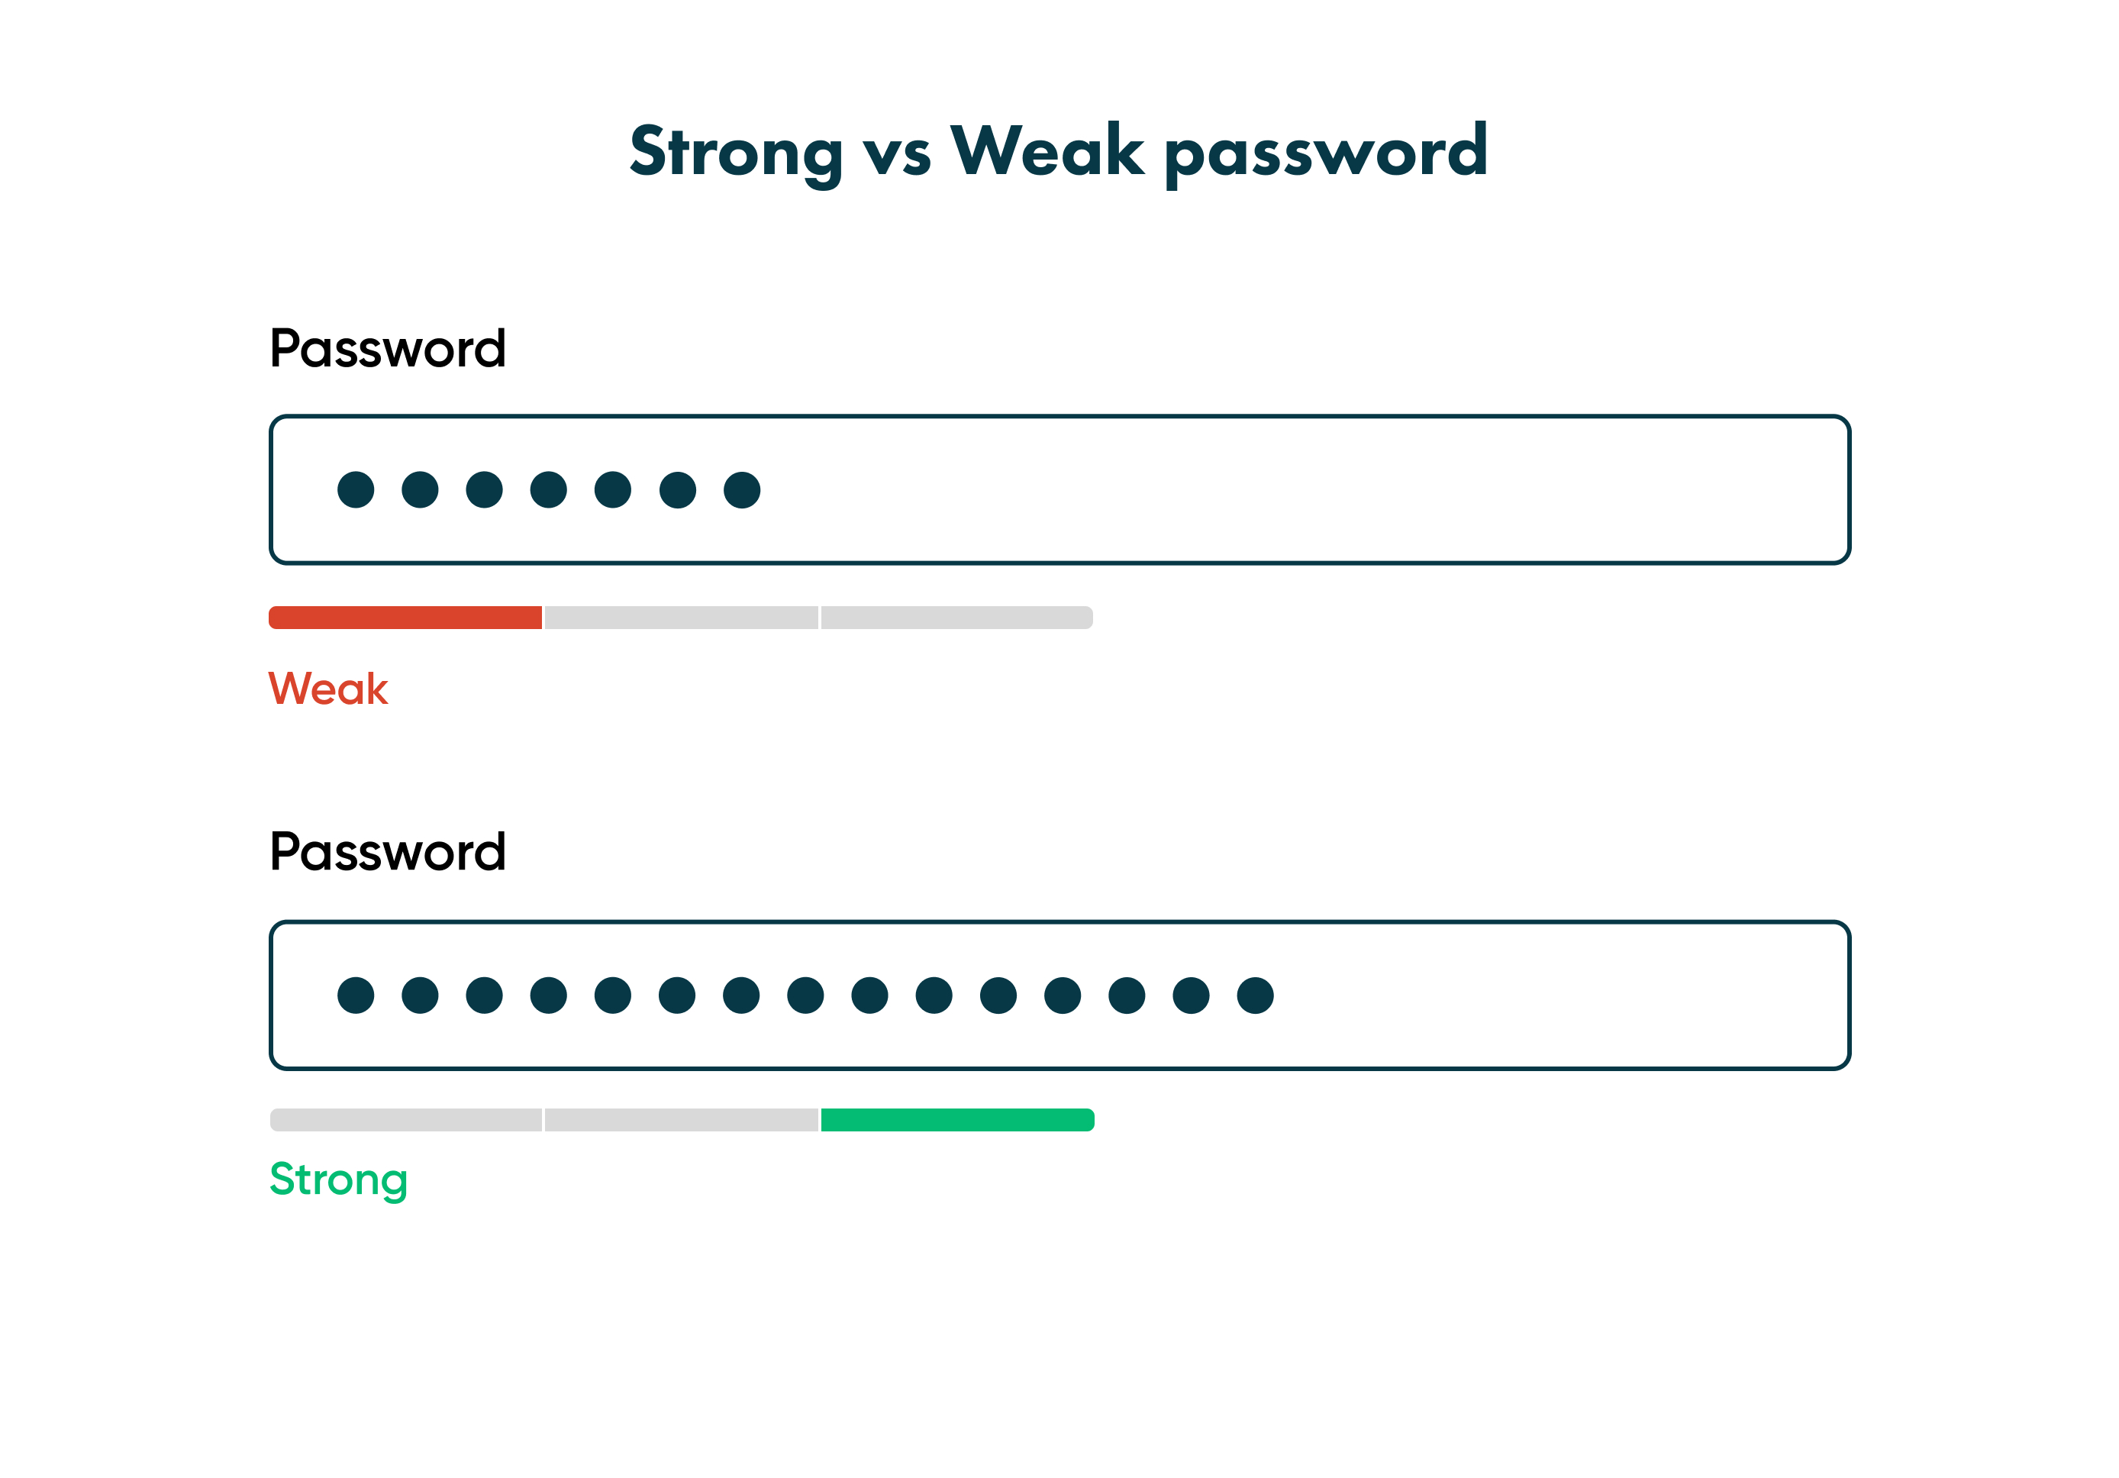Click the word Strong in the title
pos(736,151)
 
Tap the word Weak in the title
pos(1047,150)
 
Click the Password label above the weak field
pos(388,349)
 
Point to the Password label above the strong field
pos(388,851)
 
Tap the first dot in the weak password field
pos(355,489)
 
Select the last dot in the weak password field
pos(742,489)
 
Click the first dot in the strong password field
pos(355,996)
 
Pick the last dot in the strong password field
pos(1255,996)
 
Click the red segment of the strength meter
pos(405,618)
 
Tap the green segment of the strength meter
pos(957,1120)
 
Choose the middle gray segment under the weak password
pos(681,618)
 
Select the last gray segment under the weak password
pos(957,618)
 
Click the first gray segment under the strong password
pos(405,1120)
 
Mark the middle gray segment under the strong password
pos(681,1120)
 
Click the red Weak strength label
pos(327,689)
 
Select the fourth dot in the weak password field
pos(548,489)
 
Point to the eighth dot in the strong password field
pos(806,996)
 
